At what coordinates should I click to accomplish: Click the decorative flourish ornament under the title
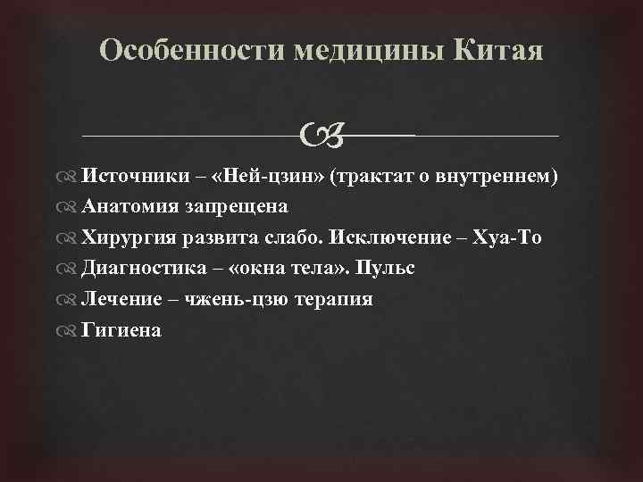coord(320,136)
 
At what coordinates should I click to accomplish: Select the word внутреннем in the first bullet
coord(497,177)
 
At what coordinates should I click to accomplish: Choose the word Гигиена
coord(121,330)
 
